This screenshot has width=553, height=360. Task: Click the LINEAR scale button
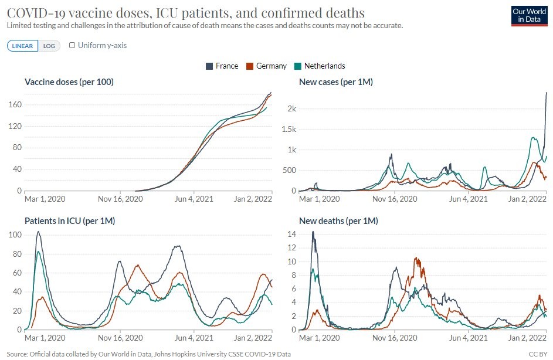23,46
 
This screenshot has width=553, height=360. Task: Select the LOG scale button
49,46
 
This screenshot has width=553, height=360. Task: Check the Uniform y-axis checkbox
72,45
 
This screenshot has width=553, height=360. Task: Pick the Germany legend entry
266,66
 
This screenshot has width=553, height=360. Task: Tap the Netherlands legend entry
320,66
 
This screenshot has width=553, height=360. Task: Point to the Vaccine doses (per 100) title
69,82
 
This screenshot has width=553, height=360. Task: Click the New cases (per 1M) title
336,82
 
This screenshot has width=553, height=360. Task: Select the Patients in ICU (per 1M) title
70,221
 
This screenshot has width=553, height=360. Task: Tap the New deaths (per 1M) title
338,221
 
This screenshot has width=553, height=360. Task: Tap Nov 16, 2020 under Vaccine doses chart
120,199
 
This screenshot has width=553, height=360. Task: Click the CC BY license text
538,354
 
